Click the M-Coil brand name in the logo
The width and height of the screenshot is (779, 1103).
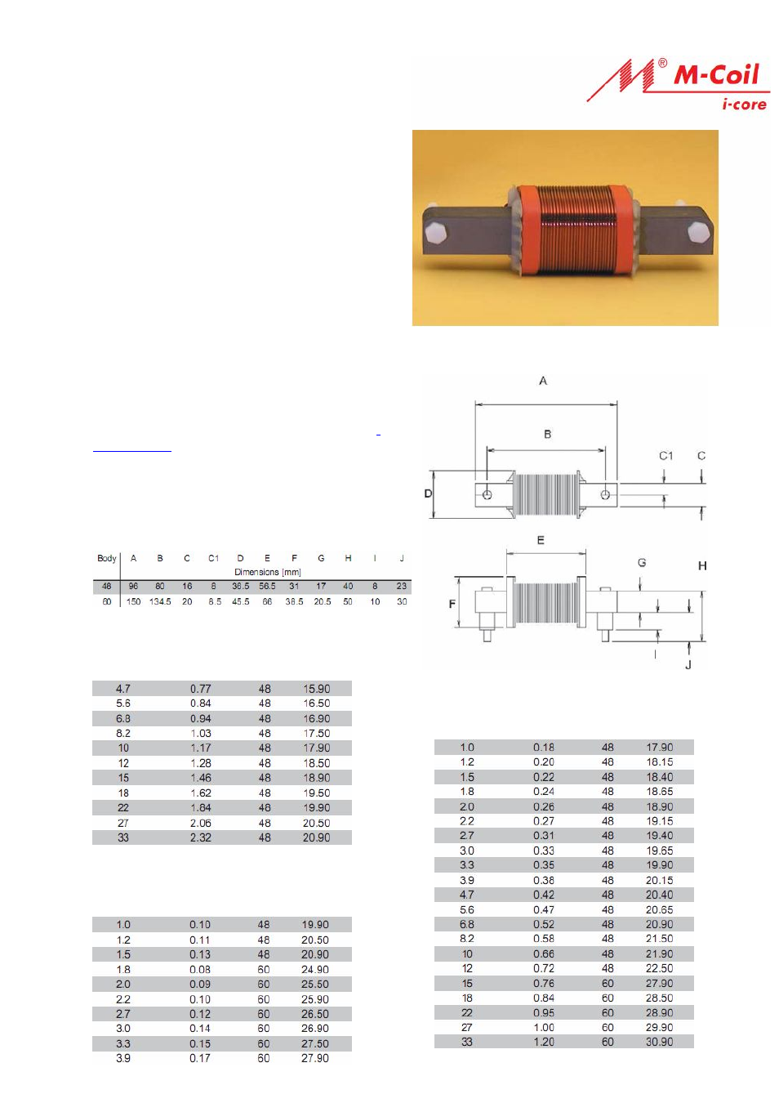click(x=716, y=75)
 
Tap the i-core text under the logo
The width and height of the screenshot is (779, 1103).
click(x=744, y=104)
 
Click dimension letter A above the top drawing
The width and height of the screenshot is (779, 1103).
click(x=543, y=381)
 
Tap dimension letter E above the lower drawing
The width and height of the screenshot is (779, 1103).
click(x=541, y=540)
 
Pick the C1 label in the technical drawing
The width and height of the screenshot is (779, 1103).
click(x=665, y=456)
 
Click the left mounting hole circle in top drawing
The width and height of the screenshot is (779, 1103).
click(x=487, y=494)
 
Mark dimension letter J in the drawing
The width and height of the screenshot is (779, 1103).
click(x=688, y=665)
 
